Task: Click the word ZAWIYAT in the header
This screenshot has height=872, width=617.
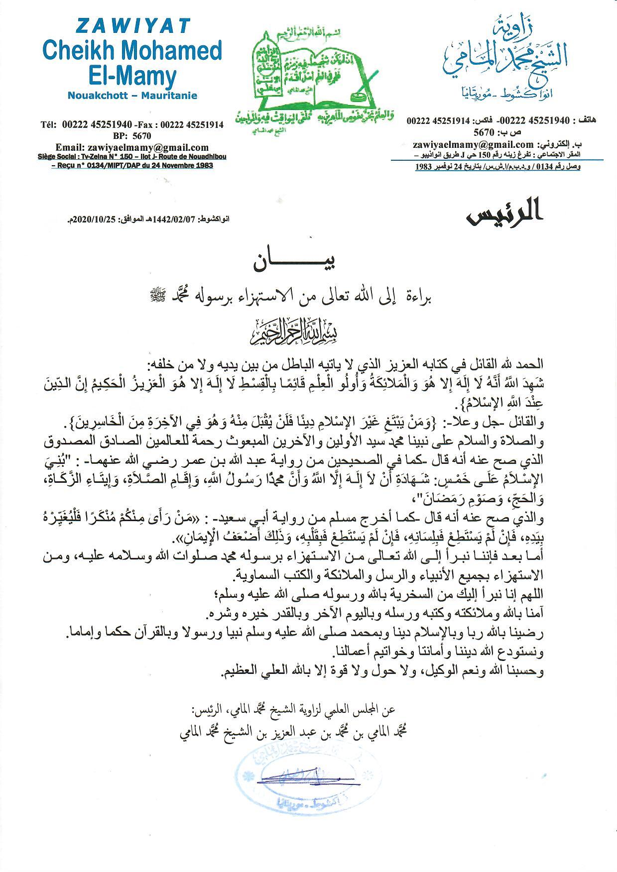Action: pyautogui.click(x=132, y=26)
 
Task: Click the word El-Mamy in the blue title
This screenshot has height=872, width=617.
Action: pyautogui.click(x=132, y=76)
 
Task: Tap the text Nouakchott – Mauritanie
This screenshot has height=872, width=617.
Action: pyautogui.click(x=132, y=96)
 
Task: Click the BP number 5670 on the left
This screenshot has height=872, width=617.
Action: pyautogui.click(x=141, y=135)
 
